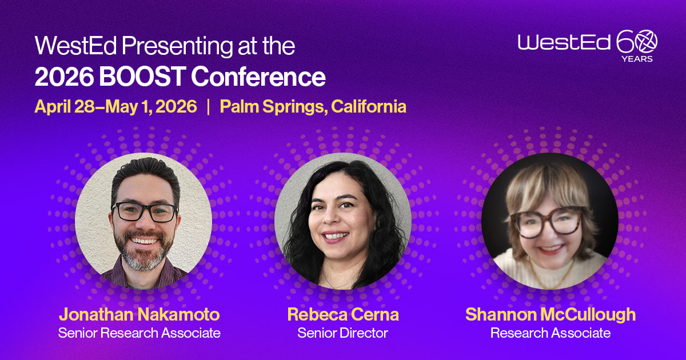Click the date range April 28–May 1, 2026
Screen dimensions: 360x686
[115, 107]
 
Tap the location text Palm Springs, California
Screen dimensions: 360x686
[313, 107]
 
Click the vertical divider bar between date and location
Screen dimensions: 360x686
[209, 107]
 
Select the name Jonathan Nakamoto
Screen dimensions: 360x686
[139, 314]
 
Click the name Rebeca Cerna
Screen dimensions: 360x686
[343, 314]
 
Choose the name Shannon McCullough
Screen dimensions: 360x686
[550, 314]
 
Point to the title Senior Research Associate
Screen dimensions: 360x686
[139, 333]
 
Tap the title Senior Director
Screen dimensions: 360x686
[343, 333]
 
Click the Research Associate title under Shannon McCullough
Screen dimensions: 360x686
[550, 333]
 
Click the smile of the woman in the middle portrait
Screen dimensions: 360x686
[336, 235]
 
